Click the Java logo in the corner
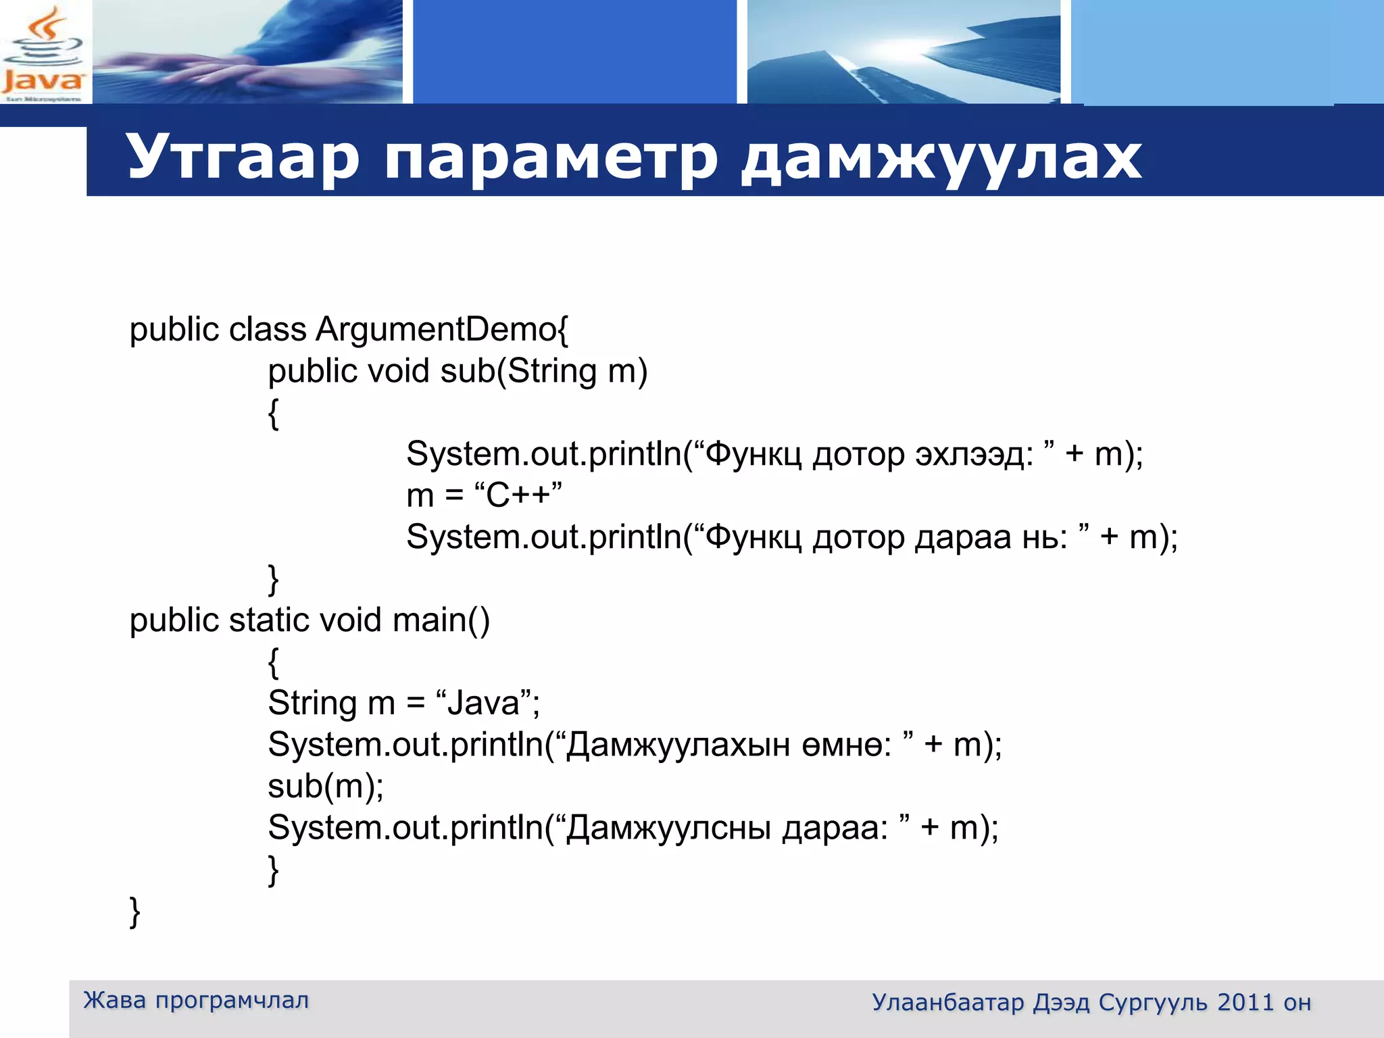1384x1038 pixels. [x=43, y=53]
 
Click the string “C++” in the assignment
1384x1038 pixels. [x=518, y=495]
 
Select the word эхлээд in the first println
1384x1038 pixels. [x=974, y=454]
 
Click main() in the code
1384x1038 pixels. [x=441, y=620]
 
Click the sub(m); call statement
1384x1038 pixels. [x=326, y=786]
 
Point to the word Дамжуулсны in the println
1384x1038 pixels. [x=669, y=828]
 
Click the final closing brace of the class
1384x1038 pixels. [x=134, y=912]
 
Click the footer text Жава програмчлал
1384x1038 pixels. [x=196, y=1000]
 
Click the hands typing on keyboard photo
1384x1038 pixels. [x=247, y=52]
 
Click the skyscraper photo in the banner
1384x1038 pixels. [x=904, y=52]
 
